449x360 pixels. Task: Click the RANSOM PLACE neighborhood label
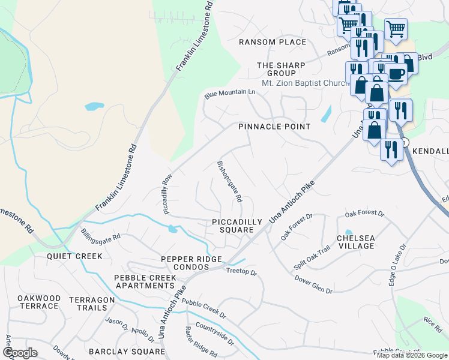point(272,42)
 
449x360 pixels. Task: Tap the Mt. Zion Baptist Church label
point(306,83)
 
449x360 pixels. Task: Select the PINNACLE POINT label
point(274,127)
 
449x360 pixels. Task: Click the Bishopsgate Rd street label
point(229,181)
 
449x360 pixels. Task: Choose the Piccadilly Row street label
point(167,194)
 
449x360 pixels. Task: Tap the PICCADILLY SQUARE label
point(237,227)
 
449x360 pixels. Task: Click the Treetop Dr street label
point(241,272)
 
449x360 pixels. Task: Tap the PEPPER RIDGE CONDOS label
point(191,263)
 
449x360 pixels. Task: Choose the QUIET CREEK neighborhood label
point(74,256)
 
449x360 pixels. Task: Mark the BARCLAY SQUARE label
point(127,352)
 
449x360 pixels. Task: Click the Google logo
point(20,353)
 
